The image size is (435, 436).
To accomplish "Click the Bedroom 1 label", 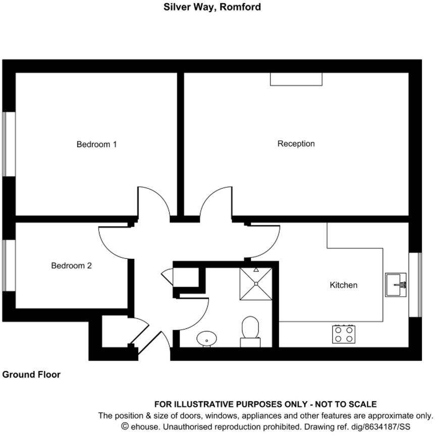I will pyautogui.click(x=96, y=144).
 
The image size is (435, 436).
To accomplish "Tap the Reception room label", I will pyautogui.click(x=296, y=144).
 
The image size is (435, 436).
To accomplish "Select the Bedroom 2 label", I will pyautogui.click(x=71, y=265).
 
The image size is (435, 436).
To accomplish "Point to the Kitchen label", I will pyautogui.click(x=343, y=285).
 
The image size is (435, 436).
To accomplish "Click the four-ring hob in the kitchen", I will pyautogui.click(x=344, y=334).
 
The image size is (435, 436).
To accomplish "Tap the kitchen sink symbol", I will pyautogui.click(x=396, y=285).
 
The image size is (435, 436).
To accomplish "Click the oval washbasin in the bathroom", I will pyautogui.click(x=206, y=339).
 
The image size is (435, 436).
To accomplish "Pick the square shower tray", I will pyautogui.click(x=256, y=283).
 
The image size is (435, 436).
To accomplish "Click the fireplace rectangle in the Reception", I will pyautogui.click(x=296, y=79).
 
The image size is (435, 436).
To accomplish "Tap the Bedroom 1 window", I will pyautogui.click(x=9, y=144).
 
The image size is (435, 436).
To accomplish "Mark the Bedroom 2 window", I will pyautogui.click(x=9, y=265).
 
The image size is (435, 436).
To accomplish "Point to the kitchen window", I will pyautogui.click(x=415, y=285).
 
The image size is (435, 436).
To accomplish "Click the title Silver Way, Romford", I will pyautogui.click(x=212, y=7).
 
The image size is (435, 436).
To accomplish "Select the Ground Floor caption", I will pyautogui.click(x=31, y=374).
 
